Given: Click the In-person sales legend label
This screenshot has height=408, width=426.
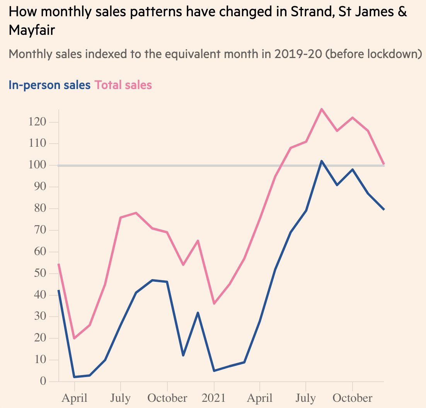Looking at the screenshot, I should pyautogui.click(x=49, y=85).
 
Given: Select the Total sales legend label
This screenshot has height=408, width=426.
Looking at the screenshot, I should pyautogui.click(x=123, y=85).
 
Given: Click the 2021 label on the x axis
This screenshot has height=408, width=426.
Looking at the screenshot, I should pyautogui.click(x=213, y=398).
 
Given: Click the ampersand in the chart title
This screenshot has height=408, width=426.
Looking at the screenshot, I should pyautogui.click(x=402, y=12).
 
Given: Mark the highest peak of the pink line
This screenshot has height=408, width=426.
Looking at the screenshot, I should pyautogui.click(x=321, y=109).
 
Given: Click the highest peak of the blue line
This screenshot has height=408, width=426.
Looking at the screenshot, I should pyautogui.click(x=321, y=161).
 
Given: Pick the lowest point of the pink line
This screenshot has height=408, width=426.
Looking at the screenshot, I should pyautogui.click(x=74, y=338).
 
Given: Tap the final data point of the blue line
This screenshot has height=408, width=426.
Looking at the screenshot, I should pyautogui.click(x=383, y=209).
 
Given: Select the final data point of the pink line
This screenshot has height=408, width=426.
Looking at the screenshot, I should pyautogui.click(x=383, y=164).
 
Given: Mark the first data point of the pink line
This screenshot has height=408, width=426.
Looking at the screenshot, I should pyautogui.click(x=58, y=264).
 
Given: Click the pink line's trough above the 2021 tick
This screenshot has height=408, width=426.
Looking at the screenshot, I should pyautogui.click(x=213, y=303).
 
